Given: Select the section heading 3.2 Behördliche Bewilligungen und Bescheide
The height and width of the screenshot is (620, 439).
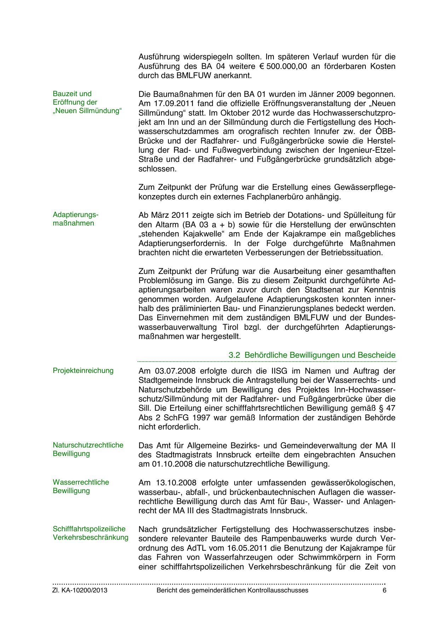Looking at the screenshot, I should coord(312,355).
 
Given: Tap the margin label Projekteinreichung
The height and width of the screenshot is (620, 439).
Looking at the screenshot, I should coord(83,370).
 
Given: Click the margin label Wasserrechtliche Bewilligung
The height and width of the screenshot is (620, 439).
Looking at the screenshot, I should coord(81,486).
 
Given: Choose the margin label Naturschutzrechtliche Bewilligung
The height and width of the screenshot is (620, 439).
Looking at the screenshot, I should coord(88,449).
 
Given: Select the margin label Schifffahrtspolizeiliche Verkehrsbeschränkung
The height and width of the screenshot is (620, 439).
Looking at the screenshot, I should coord(90,533).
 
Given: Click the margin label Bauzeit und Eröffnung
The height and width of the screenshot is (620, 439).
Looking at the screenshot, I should coord(87,102).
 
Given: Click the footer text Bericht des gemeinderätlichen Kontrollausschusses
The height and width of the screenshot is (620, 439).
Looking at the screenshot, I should coord(232,591).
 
